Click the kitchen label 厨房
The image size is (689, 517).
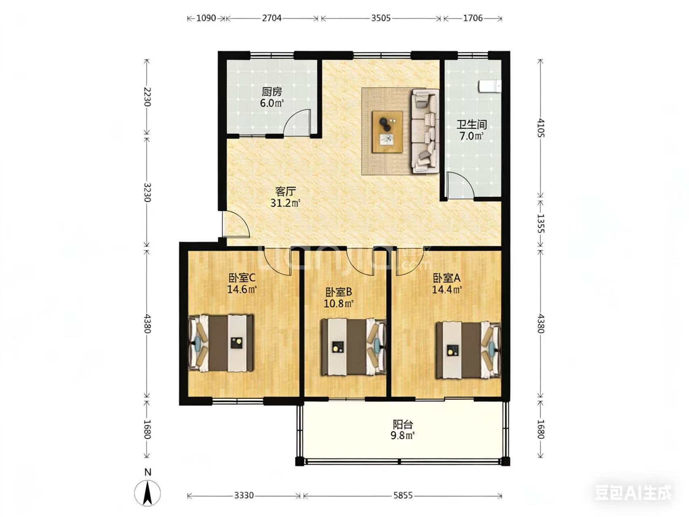pos(272,92)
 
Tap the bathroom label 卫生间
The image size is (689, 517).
pos(471,124)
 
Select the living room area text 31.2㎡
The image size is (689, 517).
pos(285,203)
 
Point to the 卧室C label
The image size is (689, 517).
pos(242,278)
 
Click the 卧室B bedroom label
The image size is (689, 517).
pos(339,292)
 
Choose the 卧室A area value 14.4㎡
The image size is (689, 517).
pos(447,290)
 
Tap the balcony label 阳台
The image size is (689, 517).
pos(403,425)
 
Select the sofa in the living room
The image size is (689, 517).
pos(425,131)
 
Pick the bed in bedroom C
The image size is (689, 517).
pos(221,343)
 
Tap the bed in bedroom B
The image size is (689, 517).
pos(353,347)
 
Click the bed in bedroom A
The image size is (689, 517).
pos(468,350)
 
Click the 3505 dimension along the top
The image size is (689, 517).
pos(381,18)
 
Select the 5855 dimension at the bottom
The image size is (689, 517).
pos(402,496)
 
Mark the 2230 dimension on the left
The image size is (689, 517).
pos(147,97)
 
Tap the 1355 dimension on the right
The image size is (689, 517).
pos(541,223)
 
